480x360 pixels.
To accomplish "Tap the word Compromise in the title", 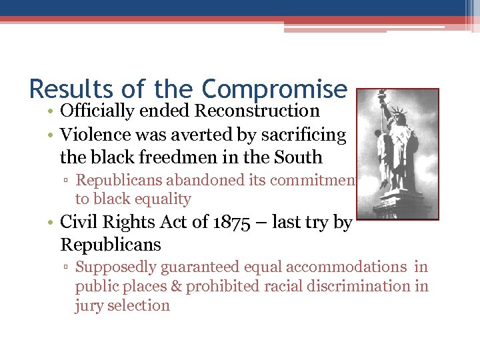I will (x=275, y=88).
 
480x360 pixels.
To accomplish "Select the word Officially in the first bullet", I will (x=96, y=111).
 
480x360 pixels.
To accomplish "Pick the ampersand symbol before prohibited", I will (x=177, y=287).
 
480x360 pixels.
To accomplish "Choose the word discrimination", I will (x=363, y=287).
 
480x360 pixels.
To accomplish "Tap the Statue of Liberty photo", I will (x=398, y=154).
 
